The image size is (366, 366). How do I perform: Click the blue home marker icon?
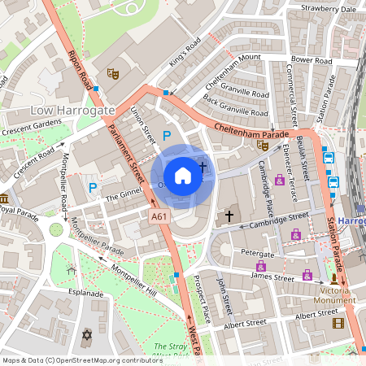click(x=183, y=175)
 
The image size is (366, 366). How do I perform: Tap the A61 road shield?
click(x=159, y=216)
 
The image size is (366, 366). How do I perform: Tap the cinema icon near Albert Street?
click(x=338, y=323)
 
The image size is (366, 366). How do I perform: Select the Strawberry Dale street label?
click(x=328, y=9)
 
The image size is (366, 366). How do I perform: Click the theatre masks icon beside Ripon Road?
click(x=114, y=74)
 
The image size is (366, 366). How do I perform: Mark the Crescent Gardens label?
click(x=32, y=127)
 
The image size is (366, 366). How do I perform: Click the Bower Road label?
click(x=312, y=60)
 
